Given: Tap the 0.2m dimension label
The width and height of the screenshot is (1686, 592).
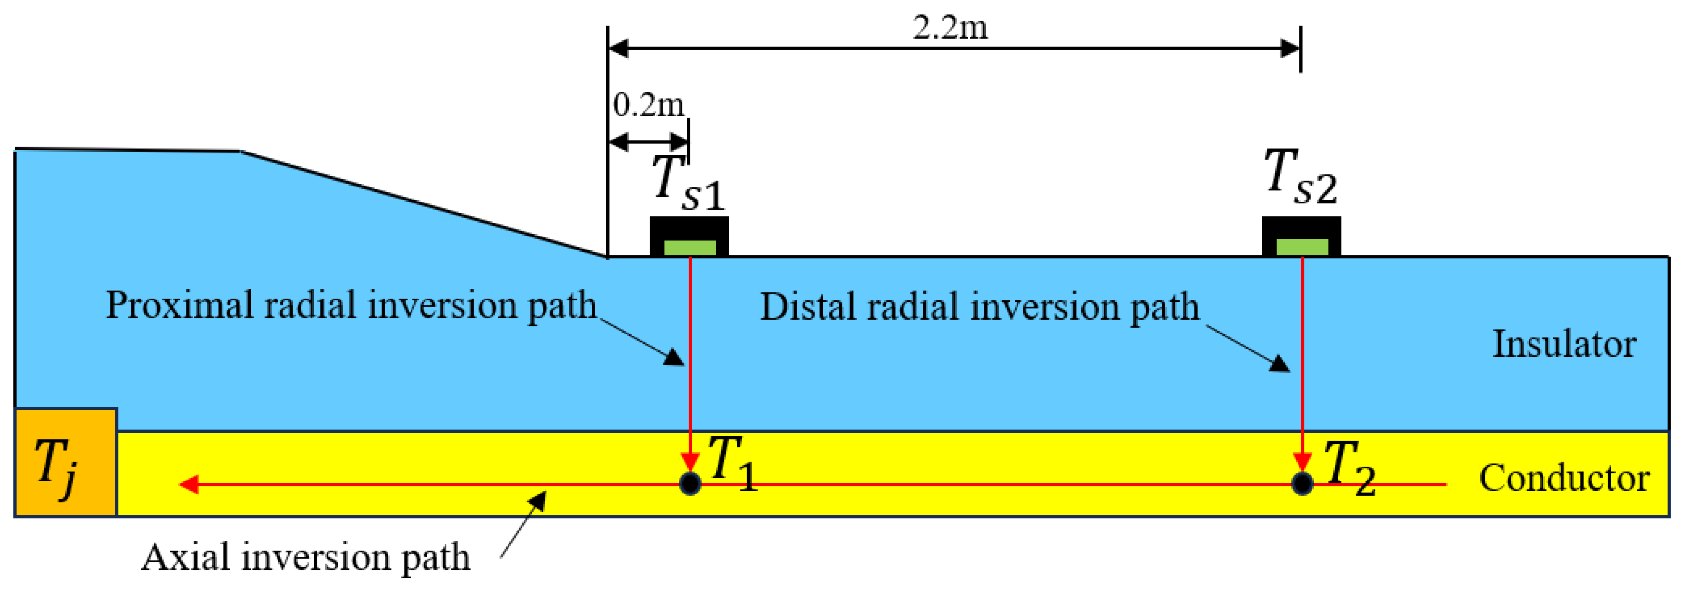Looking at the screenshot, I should coord(648,105).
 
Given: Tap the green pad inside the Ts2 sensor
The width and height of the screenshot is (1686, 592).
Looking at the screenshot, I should coord(1302,247).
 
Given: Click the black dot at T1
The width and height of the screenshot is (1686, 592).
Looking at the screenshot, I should coord(690,483).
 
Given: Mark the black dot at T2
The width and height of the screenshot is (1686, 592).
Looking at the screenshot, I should coord(1302,483).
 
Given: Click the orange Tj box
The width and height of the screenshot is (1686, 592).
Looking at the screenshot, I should coord(65,462).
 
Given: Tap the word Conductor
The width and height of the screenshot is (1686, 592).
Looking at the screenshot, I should coord(1564,478).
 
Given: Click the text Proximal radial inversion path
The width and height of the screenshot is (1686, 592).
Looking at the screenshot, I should coord(351,305).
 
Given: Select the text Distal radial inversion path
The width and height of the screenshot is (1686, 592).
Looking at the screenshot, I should coord(979,306).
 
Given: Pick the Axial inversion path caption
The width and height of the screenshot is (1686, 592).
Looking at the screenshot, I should coord(306,557).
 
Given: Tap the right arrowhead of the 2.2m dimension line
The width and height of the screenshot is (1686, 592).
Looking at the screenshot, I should coord(1290,48).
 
